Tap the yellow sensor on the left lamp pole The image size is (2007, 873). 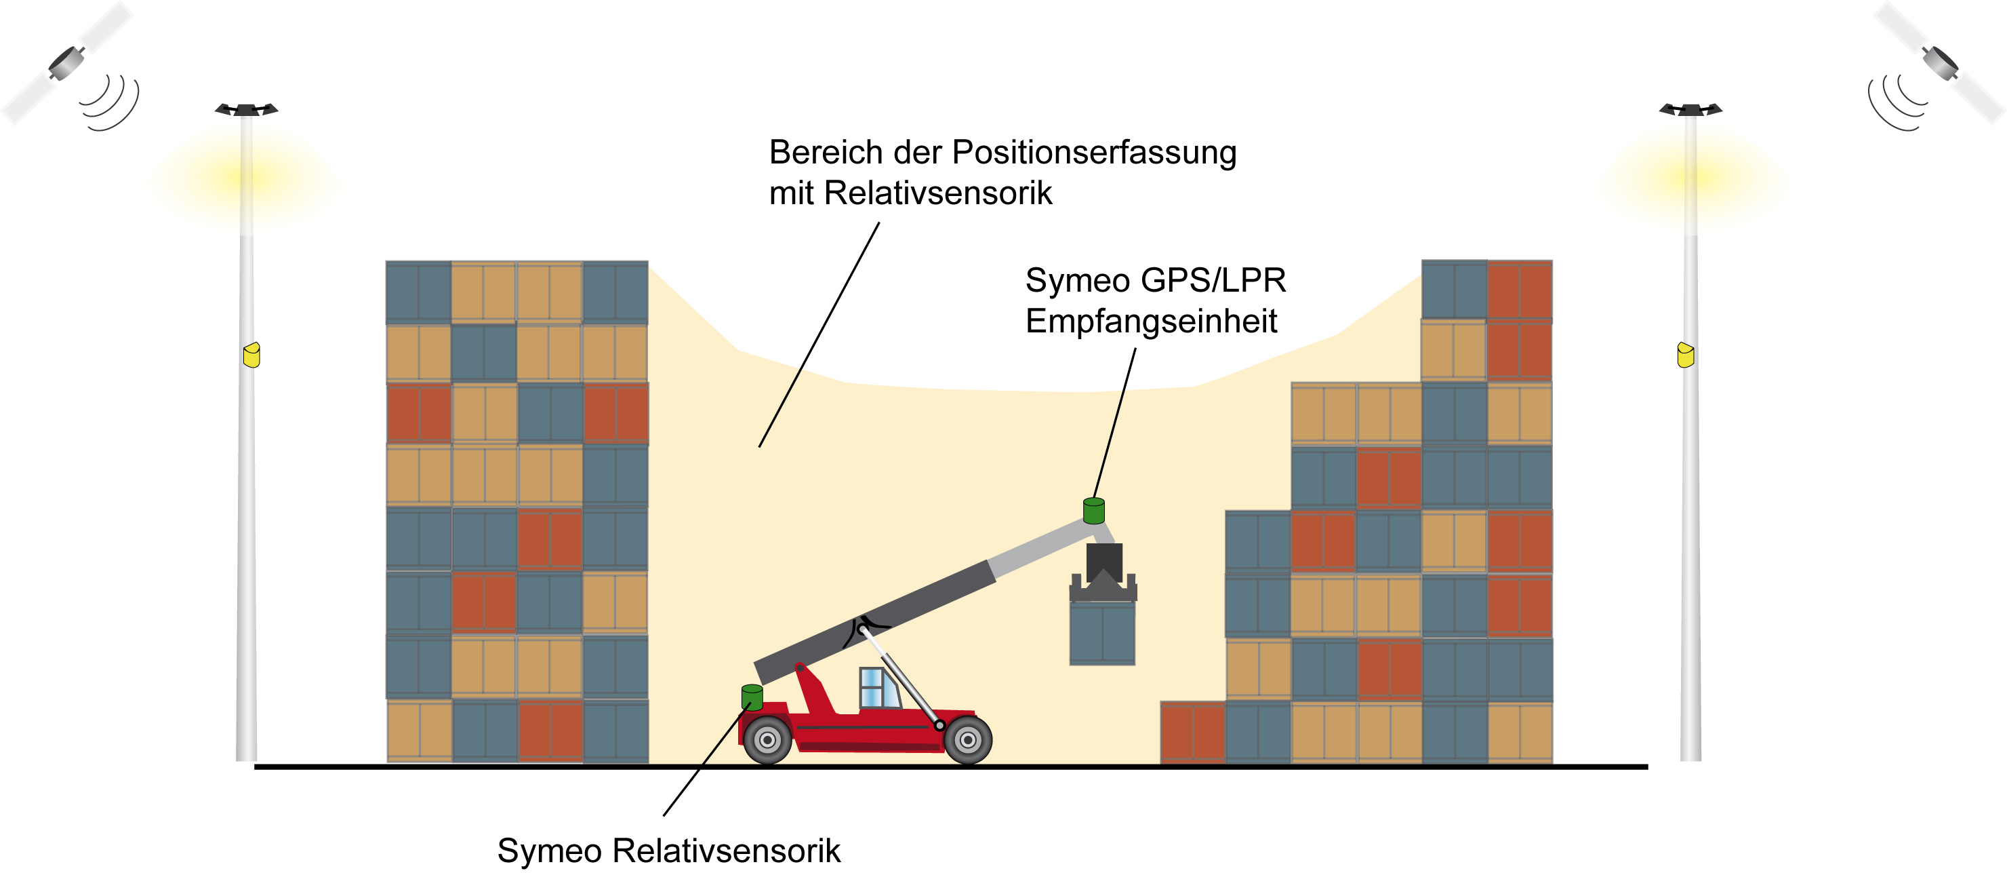tap(251, 355)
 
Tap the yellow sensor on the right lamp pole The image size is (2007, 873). tap(1685, 355)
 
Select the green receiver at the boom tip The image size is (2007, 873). tap(1094, 511)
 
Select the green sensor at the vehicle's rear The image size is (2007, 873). tap(752, 697)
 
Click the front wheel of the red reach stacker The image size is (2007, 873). tap(968, 739)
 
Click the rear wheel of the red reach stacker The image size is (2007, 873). tap(767, 739)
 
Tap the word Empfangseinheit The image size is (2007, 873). tap(1151, 321)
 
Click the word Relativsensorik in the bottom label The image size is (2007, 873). tap(726, 851)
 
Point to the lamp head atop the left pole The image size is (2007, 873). tap(246, 109)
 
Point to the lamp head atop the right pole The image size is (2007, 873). tap(1690, 109)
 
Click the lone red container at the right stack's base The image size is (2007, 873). tap(1192, 731)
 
